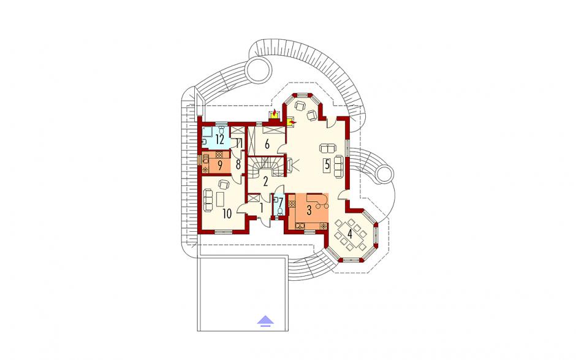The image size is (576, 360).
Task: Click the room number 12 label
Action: (220, 140)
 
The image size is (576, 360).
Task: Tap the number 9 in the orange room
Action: (219, 166)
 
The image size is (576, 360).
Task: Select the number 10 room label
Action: (227, 213)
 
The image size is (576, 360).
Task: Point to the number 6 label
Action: (267, 144)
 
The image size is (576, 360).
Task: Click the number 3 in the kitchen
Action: (309, 211)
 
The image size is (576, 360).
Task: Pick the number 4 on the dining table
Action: (350, 234)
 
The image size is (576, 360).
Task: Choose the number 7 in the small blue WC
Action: (280, 202)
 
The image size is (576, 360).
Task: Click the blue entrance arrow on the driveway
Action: (265, 321)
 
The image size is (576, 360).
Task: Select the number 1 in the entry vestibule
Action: (262, 208)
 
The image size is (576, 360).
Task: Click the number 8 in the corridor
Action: (238, 165)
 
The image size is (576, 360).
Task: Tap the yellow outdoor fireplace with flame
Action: (274, 114)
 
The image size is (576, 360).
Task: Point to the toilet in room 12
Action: (221, 130)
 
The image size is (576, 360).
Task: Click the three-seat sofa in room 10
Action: (208, 200)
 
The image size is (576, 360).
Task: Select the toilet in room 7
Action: (280, 212)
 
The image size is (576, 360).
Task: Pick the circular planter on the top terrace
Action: (259, 71)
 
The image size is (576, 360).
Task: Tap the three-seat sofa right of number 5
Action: (338, 167)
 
